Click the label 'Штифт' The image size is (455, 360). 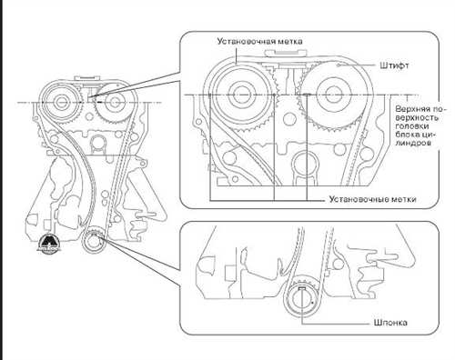pos(394,65)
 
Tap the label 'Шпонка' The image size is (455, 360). pos(390,322)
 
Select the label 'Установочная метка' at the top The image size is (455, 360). pos(259,41)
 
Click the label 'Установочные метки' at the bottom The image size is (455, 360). pos(372,199)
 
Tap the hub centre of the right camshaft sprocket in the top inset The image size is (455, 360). pos(331,95)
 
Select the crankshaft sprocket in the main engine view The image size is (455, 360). pos(94,241)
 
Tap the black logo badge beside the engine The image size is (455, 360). pos(48,244)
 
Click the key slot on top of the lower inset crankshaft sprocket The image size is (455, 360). pos(301,288)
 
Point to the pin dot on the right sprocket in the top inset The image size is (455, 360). pos(339,65)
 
